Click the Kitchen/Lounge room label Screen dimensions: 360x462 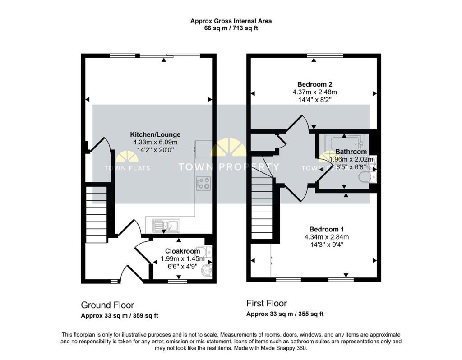155,134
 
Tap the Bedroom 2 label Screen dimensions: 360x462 314,84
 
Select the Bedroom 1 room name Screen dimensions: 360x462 327,229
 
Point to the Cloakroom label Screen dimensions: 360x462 182,251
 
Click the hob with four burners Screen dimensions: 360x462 203,183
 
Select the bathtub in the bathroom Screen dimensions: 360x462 346,143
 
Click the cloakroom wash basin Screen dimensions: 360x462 207,271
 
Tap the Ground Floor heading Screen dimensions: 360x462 107,305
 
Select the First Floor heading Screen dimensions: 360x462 267,304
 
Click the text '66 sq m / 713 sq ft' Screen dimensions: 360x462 231,28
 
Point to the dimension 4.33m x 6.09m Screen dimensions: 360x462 155,142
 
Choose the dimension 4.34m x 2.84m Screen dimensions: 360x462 327,237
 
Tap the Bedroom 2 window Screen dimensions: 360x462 324,55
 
